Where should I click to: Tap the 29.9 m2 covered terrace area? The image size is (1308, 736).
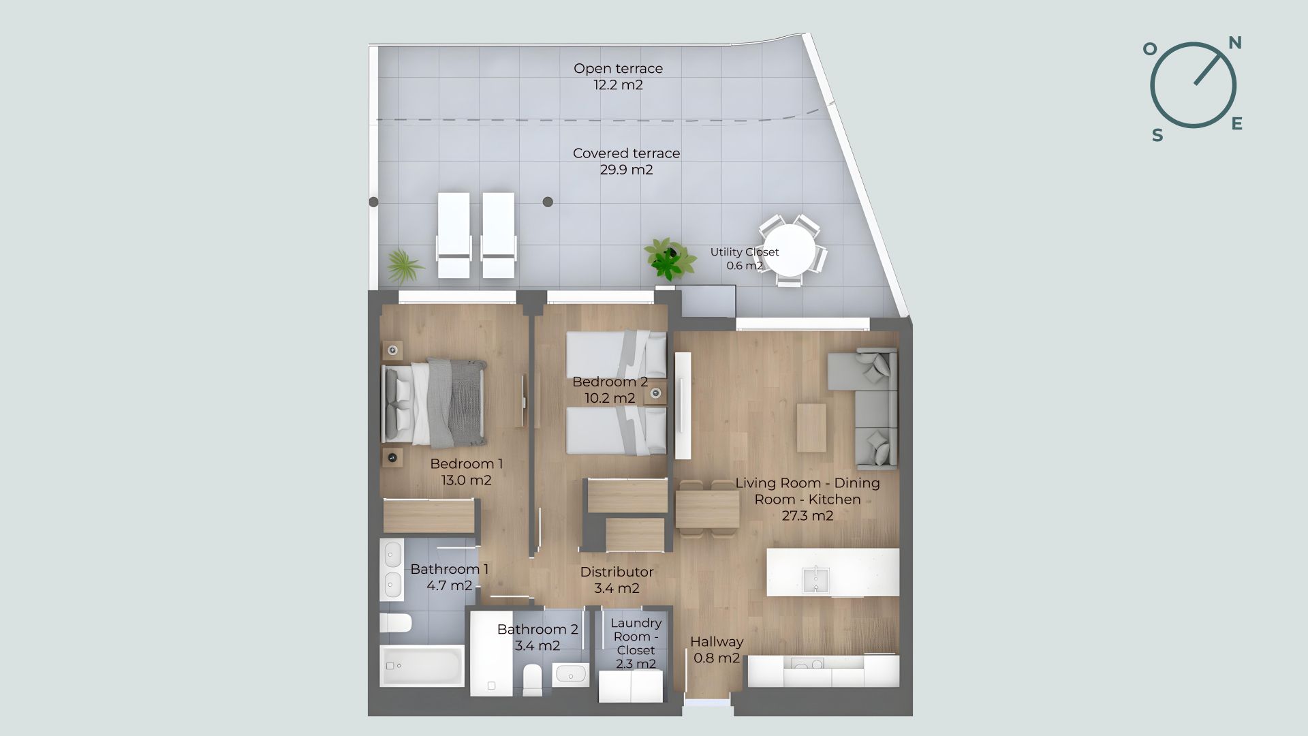(626, 170)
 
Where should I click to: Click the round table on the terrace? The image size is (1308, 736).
(789, 251)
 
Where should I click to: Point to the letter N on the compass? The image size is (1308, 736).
(1234, 43)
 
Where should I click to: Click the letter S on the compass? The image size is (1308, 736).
(1157, 136)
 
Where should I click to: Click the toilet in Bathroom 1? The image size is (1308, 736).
(396, 623)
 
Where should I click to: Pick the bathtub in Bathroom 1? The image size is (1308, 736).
(422, 666)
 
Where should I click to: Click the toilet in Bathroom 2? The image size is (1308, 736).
(533, 680)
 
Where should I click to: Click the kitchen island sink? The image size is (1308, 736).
(814, 580)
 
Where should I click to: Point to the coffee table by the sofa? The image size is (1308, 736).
(811, 428)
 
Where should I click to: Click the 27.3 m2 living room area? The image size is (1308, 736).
(807, 516)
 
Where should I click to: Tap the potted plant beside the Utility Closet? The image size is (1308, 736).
(668, 258)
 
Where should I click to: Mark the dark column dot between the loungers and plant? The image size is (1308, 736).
(548, 202)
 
